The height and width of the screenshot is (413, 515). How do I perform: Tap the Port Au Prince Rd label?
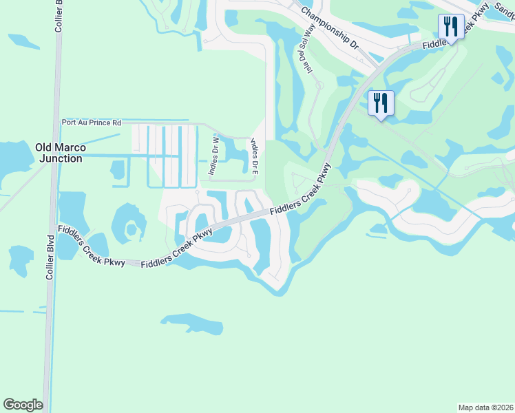tap(91, 123)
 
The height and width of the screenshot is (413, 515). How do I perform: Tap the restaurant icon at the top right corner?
tap(450, 27)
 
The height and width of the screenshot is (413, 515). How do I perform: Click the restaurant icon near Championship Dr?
tap(381, 103)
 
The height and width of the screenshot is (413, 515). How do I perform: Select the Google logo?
tap(23, 405)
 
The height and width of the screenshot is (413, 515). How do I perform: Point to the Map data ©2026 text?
tap(485, 407)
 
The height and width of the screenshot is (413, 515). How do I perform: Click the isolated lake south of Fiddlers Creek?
tap(193, 321)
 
